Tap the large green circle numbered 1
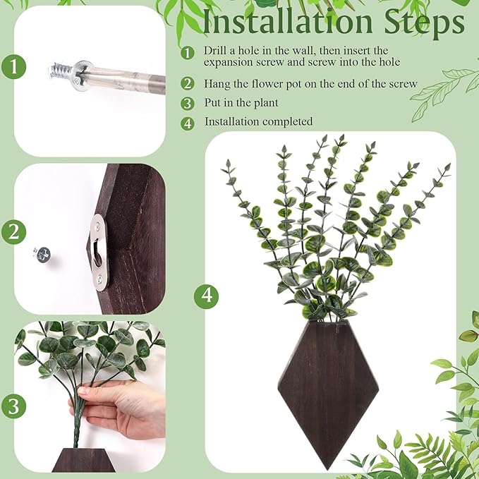click(x=14, y=69)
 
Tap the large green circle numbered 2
click(x=14, y=231)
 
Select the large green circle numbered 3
click(x=14, y=406)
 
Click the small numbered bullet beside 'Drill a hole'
click(x=187, y=53)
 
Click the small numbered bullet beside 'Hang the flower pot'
click(x=187, y=84)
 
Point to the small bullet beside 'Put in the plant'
click(x=187, y=104)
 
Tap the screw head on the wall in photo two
click(x=42, y=252)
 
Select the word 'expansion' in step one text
click(x=228, y=63)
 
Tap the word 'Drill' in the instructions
click(x=216, y=51)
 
